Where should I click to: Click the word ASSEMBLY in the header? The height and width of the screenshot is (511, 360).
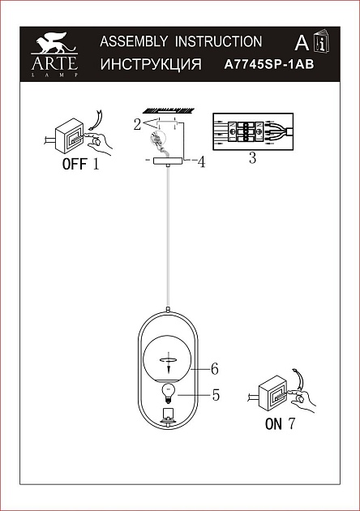tap(134, 41)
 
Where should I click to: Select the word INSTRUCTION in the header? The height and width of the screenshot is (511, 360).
tap(218, 41)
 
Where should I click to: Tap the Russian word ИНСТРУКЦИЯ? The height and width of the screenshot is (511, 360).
tap(151, 64)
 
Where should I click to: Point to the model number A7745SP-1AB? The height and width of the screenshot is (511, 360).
tap(269, 64)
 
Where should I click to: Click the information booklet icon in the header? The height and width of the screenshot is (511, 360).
tap(322, 41)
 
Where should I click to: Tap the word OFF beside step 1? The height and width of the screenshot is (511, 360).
tap(75, 164)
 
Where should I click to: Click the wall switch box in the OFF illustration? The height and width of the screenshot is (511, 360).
tap(69, 135)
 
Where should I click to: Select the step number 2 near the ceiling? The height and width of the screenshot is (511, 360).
tap(138, 124)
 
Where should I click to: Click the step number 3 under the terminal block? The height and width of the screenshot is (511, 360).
tap(252, 157)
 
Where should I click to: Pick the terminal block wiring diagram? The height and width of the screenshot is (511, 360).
tap(253, 131)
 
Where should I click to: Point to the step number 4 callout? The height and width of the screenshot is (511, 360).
tap(202, 162)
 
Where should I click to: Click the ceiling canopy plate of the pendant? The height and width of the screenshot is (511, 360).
tap(168, 161)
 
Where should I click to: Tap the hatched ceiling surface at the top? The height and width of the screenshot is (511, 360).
tap(169, 110)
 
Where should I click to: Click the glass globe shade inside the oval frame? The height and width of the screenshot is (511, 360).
tap(168, 359)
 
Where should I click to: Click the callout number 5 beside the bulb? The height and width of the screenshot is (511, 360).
tap(216, 395)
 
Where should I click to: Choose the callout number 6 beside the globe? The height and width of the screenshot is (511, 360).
tap(215, 369)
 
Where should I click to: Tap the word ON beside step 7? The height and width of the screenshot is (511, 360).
tap(273, 424)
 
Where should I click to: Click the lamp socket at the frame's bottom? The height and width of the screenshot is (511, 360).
tap(168, 415)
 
